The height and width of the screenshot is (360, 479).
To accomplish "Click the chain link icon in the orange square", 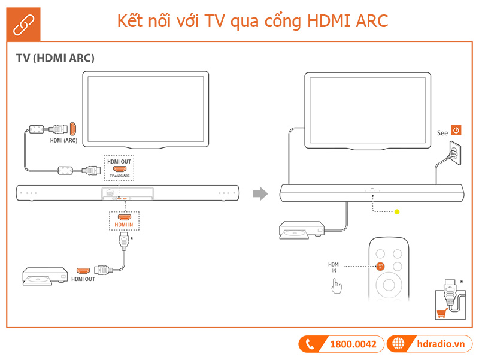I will tap(23, 22).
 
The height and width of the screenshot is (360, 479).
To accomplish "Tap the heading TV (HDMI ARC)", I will tap(55, 58).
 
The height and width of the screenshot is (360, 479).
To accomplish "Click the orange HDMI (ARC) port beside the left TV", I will tap(72, 128).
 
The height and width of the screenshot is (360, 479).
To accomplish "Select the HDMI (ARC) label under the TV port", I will tap(63, 141).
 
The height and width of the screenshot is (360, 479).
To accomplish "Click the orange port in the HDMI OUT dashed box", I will tap(120, 170).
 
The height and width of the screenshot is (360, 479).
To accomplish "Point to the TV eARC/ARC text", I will tap(120, 177).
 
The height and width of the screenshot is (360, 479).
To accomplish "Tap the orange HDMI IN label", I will tap(124, 225).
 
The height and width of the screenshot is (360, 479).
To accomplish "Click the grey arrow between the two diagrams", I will tap(259, 193).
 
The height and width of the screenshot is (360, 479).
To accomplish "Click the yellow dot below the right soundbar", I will tap(396, 211).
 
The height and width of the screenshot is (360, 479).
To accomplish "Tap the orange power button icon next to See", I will tap(456, 131).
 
